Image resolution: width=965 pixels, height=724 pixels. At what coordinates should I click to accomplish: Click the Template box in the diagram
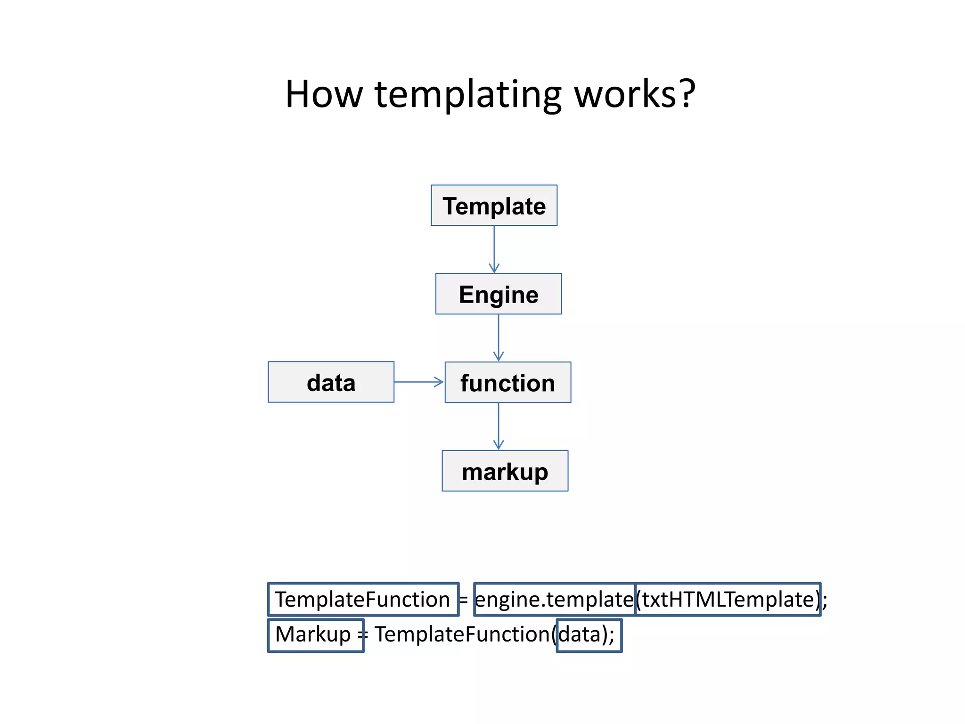point(494,206)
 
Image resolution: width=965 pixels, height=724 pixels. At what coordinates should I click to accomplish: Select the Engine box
point(499,294)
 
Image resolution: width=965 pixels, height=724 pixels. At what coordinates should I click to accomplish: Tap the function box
point(507,382)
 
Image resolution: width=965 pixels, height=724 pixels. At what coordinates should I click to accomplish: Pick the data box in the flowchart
point(331,382)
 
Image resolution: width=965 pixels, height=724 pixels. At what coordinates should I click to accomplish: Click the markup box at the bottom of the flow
point(505,471)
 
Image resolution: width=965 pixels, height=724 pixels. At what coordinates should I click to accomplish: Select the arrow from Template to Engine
point(494,249)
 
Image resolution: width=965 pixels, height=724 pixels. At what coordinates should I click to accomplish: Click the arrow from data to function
point(419,382)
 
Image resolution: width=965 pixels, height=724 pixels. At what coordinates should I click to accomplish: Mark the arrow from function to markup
point(499,426)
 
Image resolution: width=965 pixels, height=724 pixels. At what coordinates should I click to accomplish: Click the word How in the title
point(324,94)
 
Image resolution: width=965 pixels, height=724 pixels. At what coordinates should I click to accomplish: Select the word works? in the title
point(634,94)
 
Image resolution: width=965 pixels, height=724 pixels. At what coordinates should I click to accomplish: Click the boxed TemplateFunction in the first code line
point(362,600)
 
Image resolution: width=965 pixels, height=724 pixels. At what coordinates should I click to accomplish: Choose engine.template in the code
point(554,600)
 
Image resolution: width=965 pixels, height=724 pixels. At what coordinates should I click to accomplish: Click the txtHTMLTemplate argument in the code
point(728,600)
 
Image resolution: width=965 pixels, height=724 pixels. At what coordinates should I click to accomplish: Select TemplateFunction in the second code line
point(462,634)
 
